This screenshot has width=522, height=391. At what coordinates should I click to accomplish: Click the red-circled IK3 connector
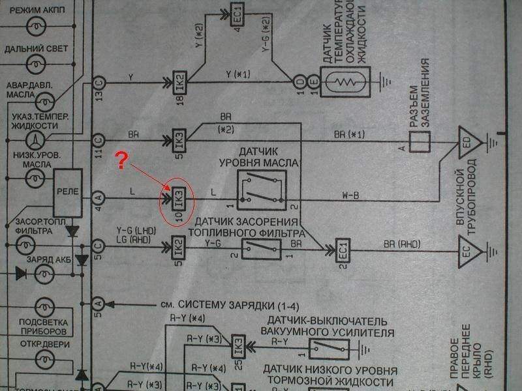pos(179,199)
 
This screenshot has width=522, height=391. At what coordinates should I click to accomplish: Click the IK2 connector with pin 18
pos(179,83)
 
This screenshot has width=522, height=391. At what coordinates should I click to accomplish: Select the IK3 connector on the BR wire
pos(179,140)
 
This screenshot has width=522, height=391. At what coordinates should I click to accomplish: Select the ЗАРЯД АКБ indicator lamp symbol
pos(46,274)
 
